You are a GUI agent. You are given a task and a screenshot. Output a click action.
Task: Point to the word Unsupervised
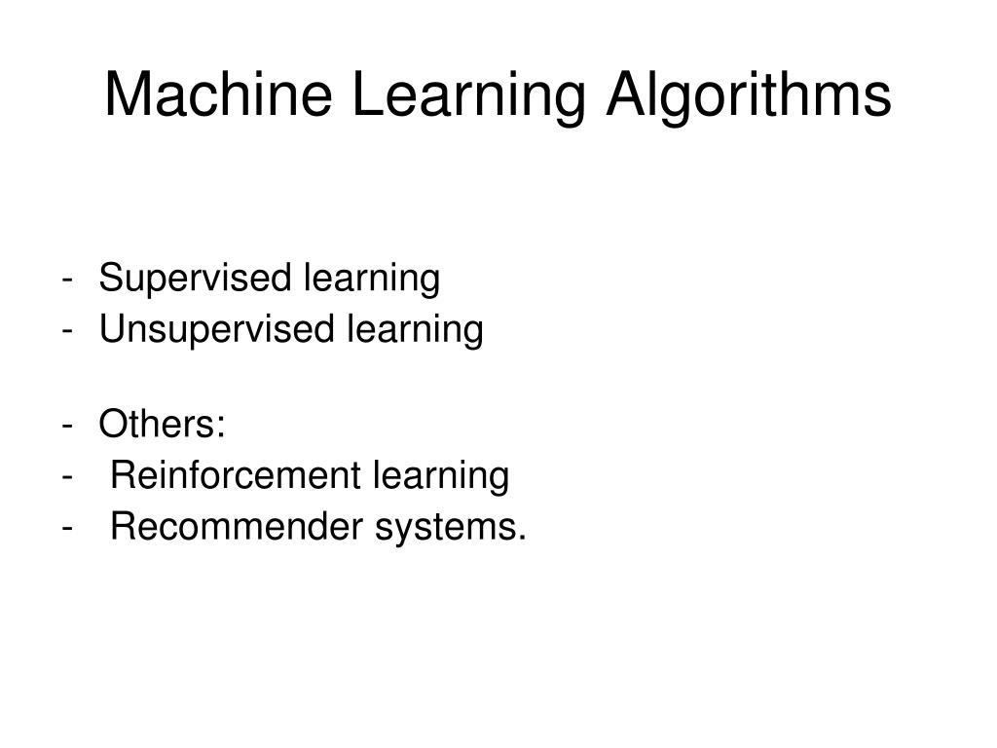[x=217, y=329]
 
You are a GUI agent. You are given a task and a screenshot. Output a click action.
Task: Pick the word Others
[x=157, y=423]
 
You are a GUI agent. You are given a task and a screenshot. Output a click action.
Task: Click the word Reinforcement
[x=236, y=474]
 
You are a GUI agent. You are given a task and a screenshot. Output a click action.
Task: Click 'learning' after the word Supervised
[x=372, y=280]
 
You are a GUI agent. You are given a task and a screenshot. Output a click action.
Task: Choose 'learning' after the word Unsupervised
[x=415, y=331]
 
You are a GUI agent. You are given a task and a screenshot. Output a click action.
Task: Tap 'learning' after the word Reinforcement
[x=441, y=477]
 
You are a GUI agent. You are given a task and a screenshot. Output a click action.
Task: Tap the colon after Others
[x=221, y=427]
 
